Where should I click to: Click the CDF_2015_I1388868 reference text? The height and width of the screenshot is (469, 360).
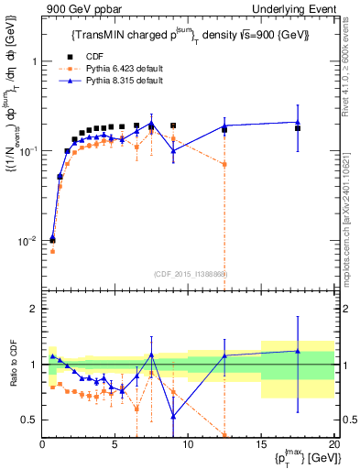[x=190, y=274]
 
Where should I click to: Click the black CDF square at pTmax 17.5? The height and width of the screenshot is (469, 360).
[x=298, y=128]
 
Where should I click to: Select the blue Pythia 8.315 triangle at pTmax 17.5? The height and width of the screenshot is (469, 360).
[x=298, y=122]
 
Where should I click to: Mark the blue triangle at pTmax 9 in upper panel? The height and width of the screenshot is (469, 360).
[x=173, y=150]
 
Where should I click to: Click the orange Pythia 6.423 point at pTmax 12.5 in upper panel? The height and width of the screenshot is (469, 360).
[x=224, y=164]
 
